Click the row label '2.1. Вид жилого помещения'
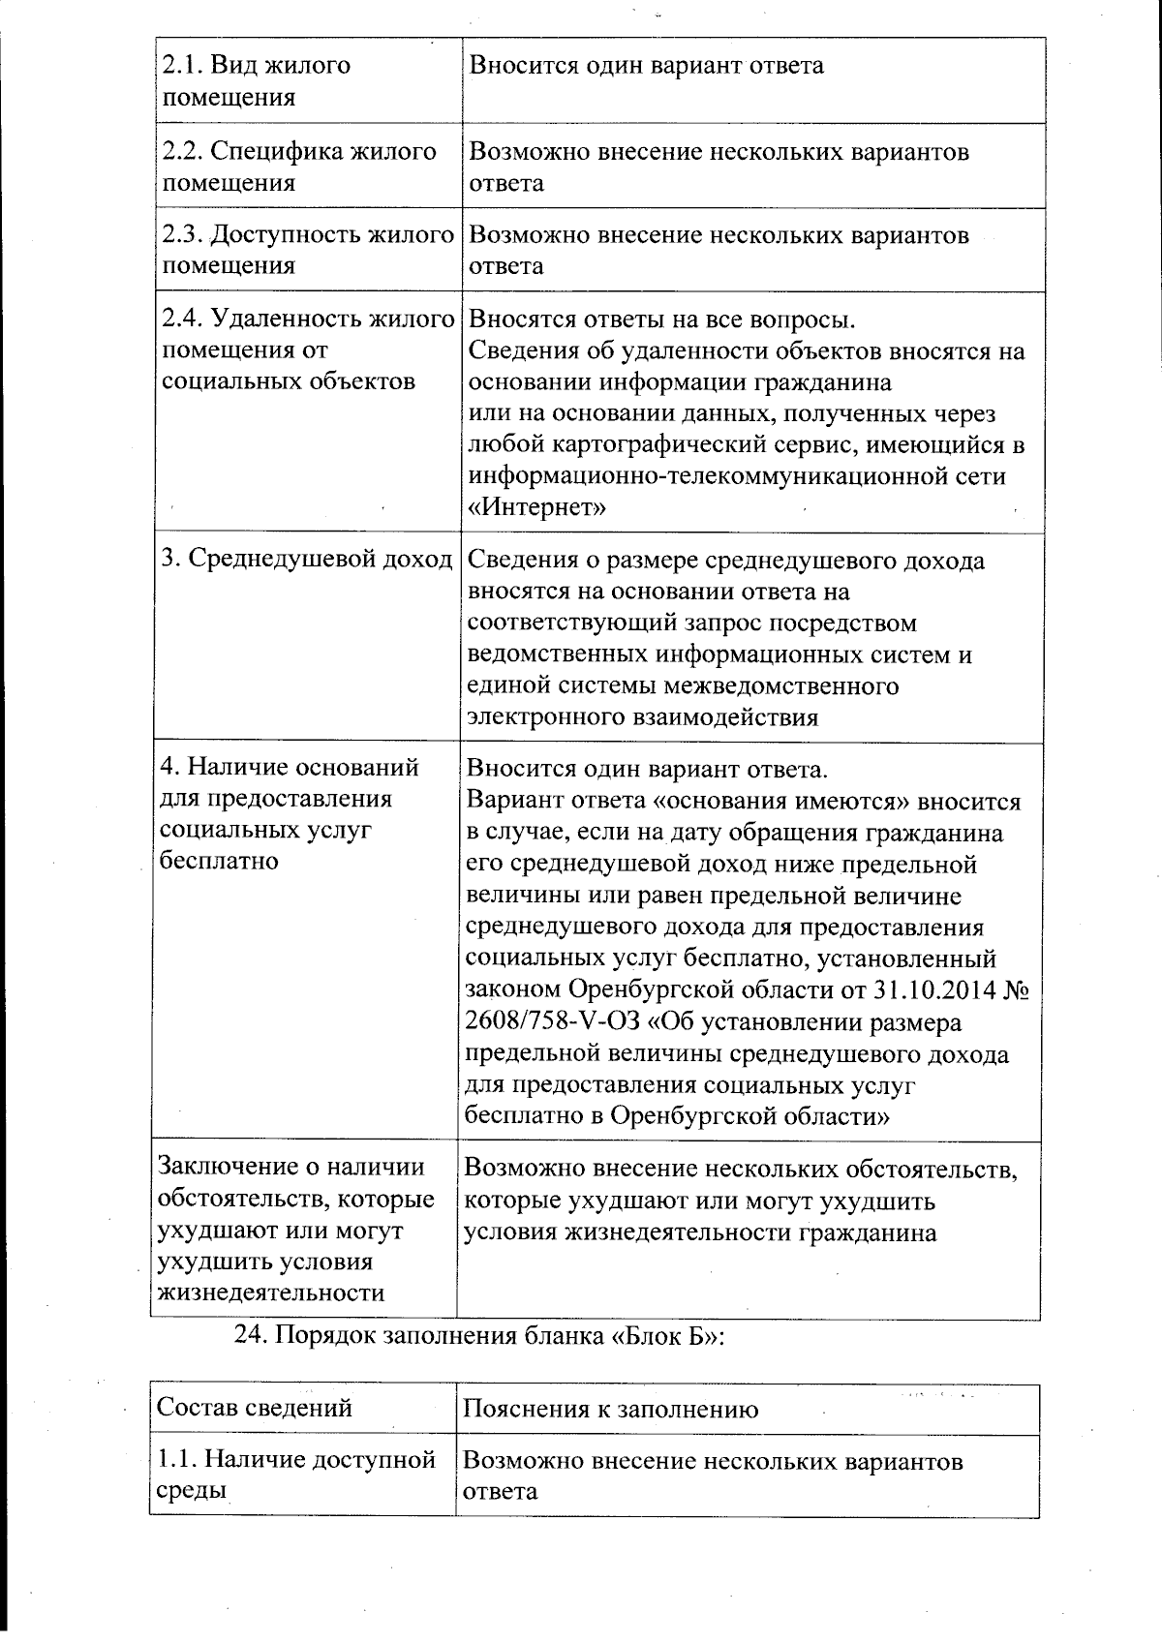pyautogui.click(x=257, y=81)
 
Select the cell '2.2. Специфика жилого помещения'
pyautogui.click(x=299, y=167)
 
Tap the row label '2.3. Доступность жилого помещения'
pyautogui.click(x=307, y=250)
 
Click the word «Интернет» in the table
pyautogui.click(x=536, y=507)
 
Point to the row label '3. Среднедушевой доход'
pyautogui.click(x=307, y=560)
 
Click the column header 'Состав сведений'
pyautogui.click(x=254, y=1407)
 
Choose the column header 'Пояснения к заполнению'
pyautogui.click(x=610, y=1409)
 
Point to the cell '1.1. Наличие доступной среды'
pyautogui.click(x=295, y=1475)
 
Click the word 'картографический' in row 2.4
pyautogui.click(x=665, y=445)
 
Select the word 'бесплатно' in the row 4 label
pyautogui.click(x=219, y=861)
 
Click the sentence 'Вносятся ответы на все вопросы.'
pyautogui.click(x=661, y=319)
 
